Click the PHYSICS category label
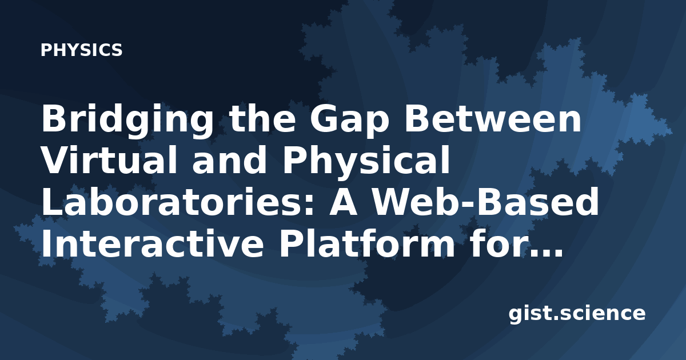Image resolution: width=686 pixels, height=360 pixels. pos(81,50)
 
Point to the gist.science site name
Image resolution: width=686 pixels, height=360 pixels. pos(577,314)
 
